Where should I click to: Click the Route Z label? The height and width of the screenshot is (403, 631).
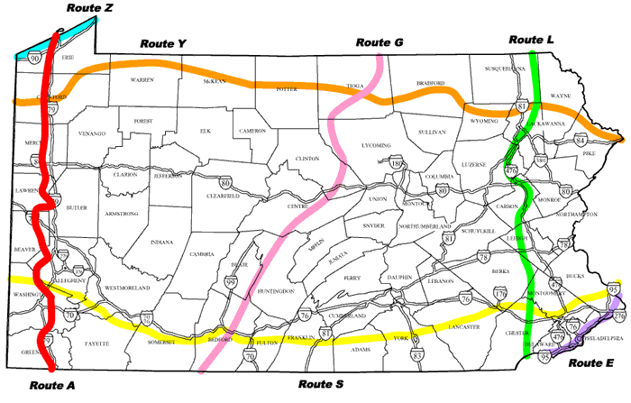(90, 8)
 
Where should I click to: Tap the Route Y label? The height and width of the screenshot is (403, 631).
(162, 42)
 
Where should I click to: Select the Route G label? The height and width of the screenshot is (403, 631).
(379, 42)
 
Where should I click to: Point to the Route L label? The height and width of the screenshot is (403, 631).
(532, 40)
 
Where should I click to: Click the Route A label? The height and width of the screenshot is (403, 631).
(51, 385)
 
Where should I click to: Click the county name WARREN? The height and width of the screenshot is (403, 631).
(142, 80)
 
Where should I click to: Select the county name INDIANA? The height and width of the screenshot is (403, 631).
(162, 243)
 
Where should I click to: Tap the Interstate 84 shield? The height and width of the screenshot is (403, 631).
(580, 142)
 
